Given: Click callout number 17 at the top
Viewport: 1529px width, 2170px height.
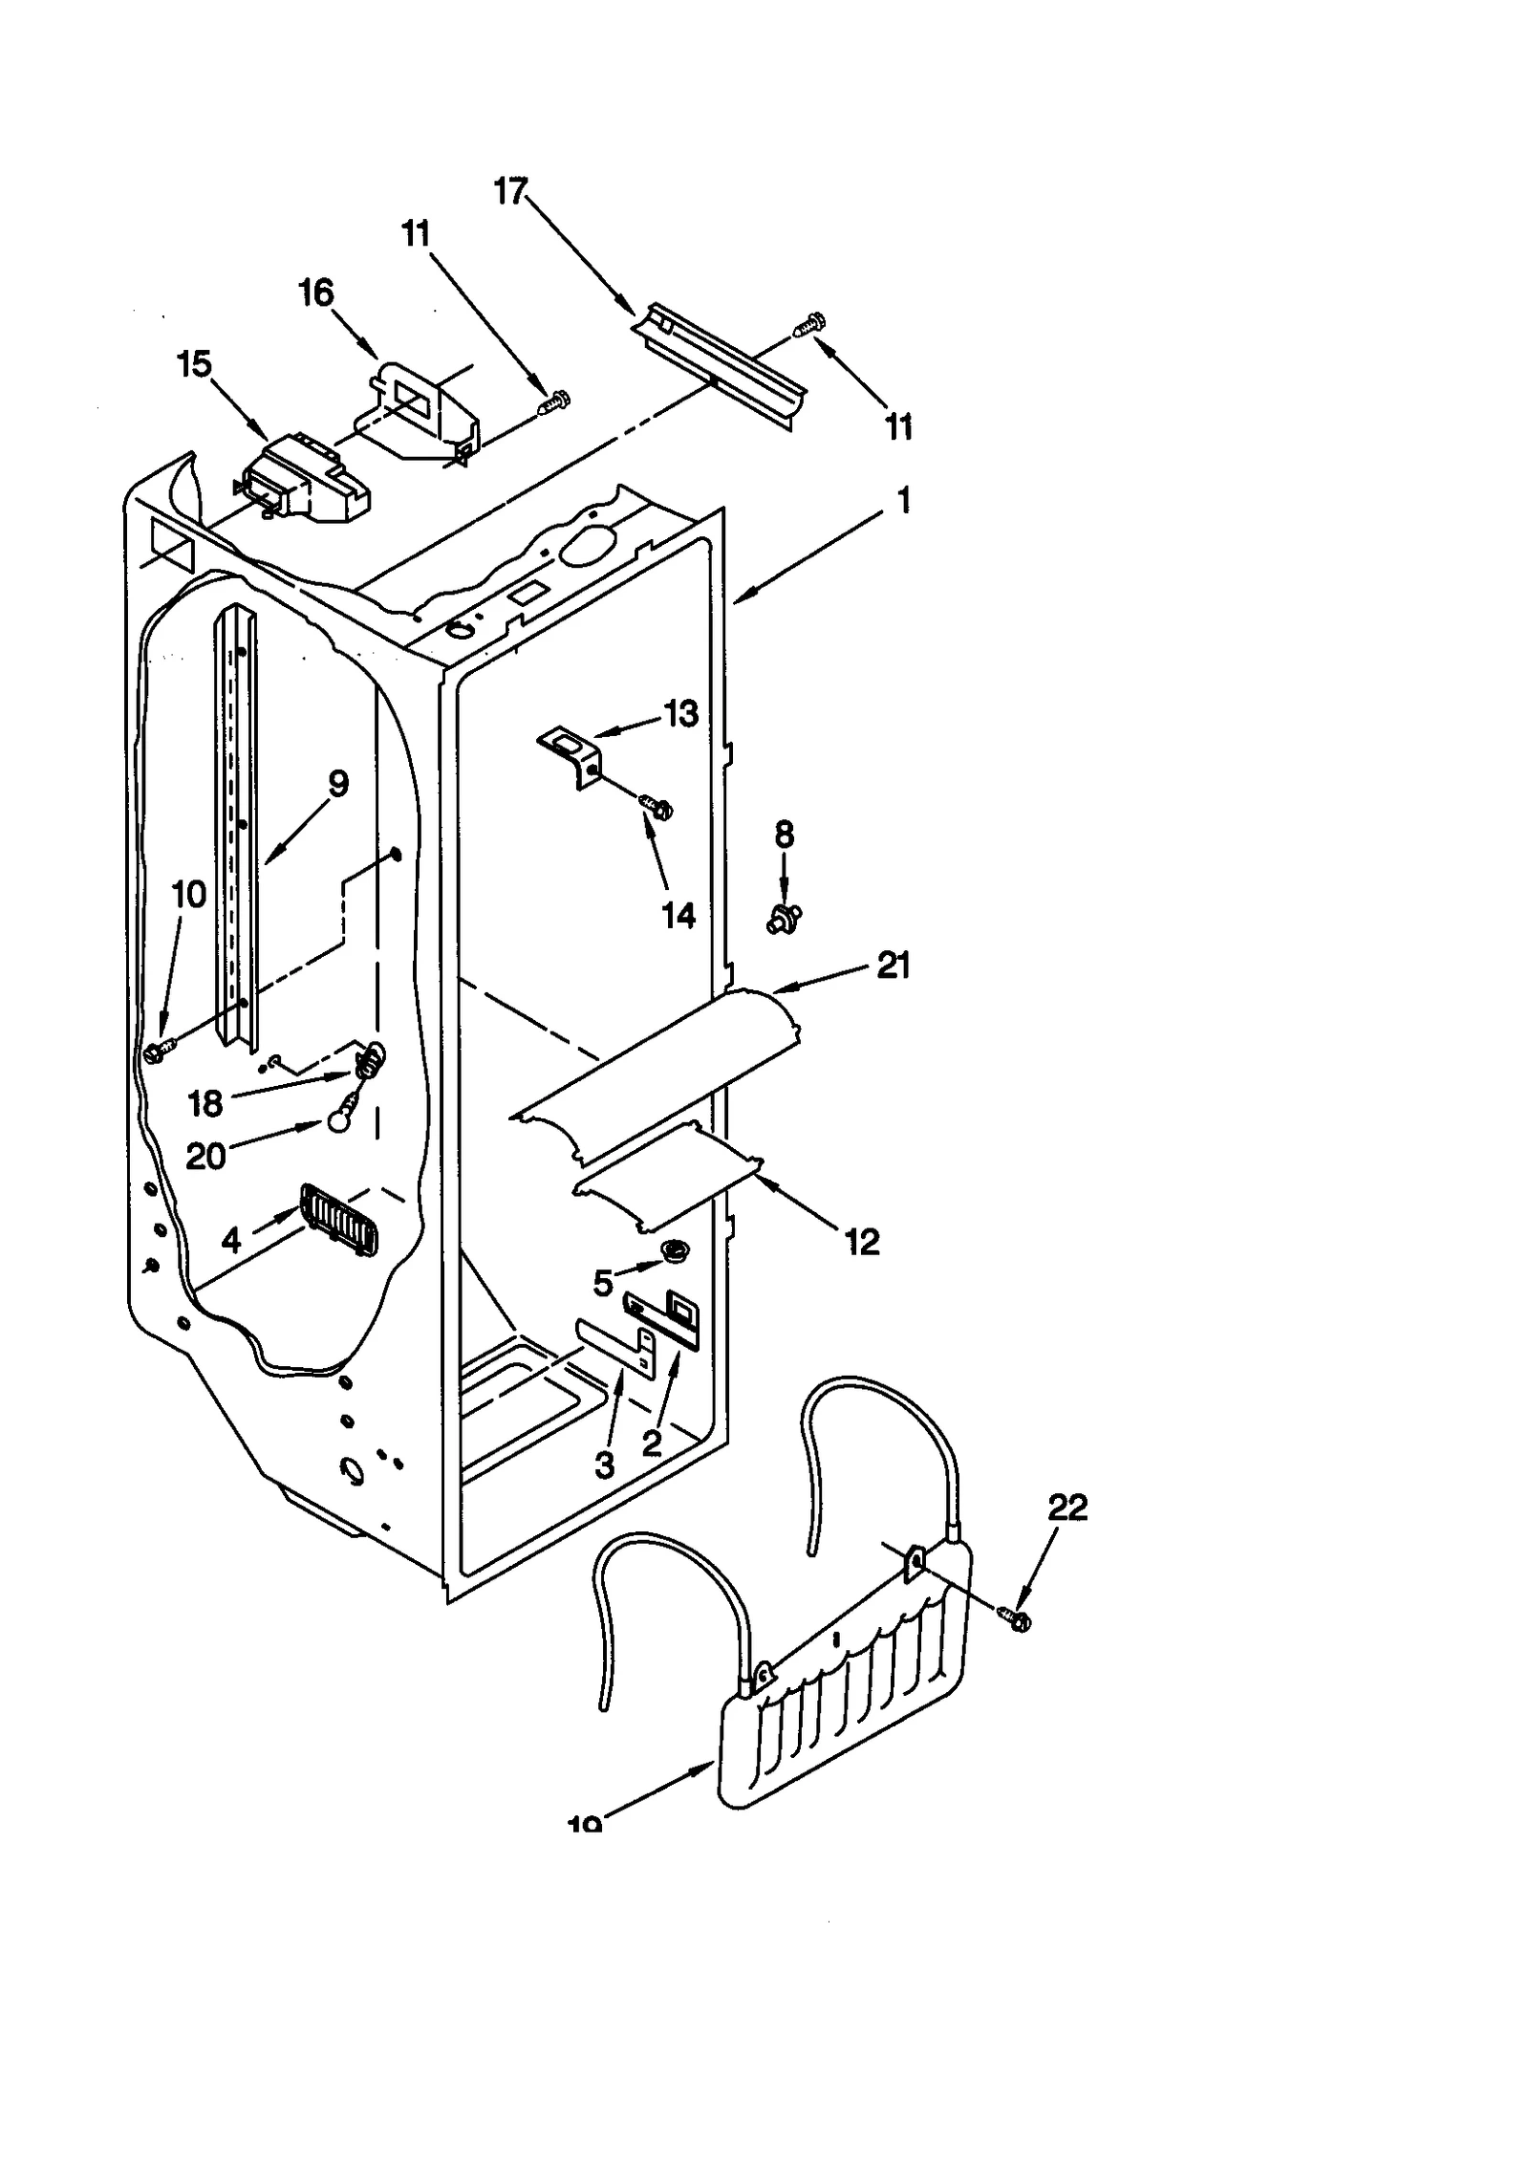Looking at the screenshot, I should coord(510,192).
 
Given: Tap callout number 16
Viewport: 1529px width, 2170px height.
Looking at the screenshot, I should coord(316,293).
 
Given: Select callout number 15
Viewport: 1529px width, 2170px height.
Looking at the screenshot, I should coord(194,364).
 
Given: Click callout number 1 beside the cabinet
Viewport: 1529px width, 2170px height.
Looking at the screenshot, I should coord(903,500).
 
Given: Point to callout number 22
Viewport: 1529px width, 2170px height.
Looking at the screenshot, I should coord(1067,1508).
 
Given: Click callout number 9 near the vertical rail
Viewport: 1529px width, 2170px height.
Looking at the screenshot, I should coord(337,784).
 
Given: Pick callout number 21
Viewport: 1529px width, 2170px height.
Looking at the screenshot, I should coord(894,966).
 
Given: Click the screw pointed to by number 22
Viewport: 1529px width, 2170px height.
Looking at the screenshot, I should coord(1015,1617).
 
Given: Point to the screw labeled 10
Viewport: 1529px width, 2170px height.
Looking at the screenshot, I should coord(158,1051).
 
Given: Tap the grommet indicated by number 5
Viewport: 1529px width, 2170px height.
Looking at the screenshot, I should coord(676,1249).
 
